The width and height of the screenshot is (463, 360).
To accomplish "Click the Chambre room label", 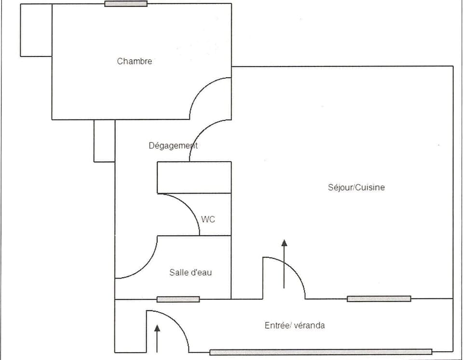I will pyautogui.click(x=135, y=61).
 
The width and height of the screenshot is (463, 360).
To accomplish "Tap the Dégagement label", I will pyautogui.click(x=173, y=145).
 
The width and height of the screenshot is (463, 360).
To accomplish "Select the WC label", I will pyautogui.click(x=208, y=219).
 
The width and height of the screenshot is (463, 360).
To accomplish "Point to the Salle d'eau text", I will pyautogui.click(x=191, y=272).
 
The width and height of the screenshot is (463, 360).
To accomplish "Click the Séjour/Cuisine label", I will pyautogui.click(x=356, y=187).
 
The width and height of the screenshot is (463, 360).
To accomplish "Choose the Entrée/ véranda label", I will pyautogui.click(x=295, y=325).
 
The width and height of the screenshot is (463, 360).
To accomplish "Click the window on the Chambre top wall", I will pyautogui.click(x=126, y=4).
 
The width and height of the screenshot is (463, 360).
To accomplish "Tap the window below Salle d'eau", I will pyautogui.click(x=178, y=299).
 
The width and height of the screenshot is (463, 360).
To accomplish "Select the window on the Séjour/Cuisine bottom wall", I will pyautogui.click(x=379, y=299).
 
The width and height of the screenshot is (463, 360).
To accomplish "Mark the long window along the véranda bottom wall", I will pyautogui.click(x=321, y=352).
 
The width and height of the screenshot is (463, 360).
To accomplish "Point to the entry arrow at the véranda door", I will pyautogui.click(x=157, y=339).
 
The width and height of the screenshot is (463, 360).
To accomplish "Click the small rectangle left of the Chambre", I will pyautogui.click(x=36, y=30).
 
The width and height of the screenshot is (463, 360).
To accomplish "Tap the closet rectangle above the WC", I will pyautogui.click(x=194, y=177).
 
